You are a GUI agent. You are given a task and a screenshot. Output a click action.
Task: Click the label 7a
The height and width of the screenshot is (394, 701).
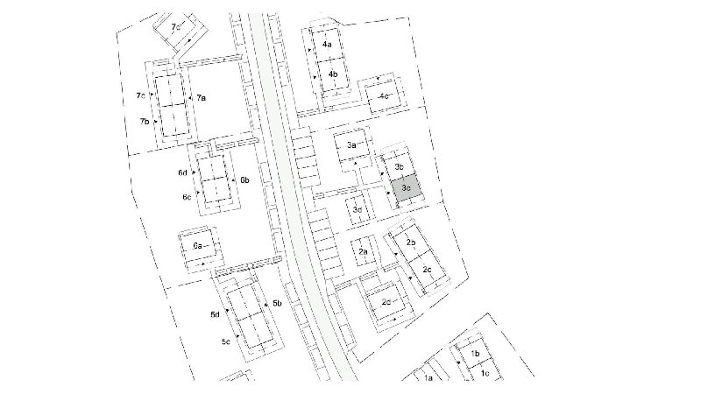201,98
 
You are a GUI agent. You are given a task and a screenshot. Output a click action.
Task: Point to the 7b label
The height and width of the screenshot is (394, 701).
145,121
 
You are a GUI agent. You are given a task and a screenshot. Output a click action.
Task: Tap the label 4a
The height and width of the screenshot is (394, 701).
327,45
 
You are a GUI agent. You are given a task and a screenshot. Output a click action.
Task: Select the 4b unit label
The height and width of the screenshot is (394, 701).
333,74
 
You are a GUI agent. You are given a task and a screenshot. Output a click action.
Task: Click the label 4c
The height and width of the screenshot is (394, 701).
384,96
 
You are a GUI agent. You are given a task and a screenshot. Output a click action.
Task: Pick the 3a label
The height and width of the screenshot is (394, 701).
351,144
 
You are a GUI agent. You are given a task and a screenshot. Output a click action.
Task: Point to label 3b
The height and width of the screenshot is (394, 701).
400,166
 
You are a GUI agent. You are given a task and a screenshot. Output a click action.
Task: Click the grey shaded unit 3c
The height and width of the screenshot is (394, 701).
406,187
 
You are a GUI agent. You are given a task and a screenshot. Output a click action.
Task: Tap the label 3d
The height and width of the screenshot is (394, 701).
358,209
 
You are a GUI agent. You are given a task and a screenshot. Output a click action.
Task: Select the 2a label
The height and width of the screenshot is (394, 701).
363,251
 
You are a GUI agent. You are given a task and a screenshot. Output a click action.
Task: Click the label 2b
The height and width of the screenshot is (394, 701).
411,243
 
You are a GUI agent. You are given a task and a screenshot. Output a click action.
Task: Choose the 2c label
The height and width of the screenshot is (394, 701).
427,270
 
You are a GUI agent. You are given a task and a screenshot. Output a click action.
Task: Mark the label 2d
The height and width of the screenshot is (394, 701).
386,302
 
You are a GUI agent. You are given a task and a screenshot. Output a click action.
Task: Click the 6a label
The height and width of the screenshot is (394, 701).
198,246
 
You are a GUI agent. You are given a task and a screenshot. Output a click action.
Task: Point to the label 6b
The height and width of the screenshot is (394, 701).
244,180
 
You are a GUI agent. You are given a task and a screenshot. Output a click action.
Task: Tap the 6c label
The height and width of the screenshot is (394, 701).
187,196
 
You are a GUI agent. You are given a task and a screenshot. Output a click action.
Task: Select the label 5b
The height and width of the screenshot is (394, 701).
277,303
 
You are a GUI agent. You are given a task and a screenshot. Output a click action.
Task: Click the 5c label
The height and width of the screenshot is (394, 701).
226,341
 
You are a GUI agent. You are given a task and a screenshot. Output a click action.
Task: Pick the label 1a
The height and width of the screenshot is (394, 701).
428,378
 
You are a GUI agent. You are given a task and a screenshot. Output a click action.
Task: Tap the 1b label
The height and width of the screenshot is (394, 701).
475,354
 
